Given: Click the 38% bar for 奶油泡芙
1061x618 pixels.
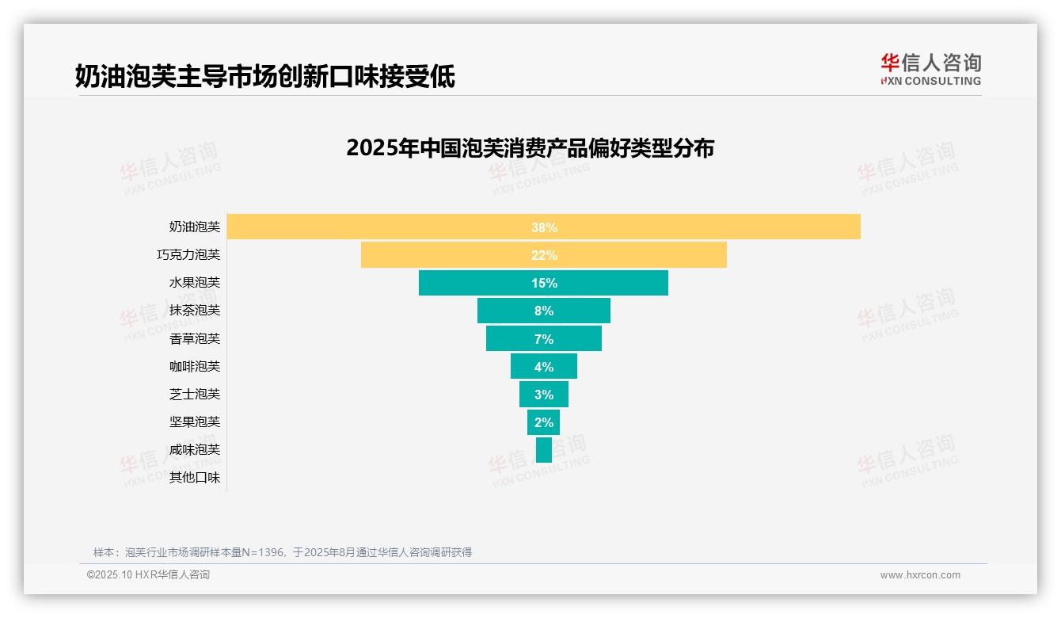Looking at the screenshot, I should [543, 227].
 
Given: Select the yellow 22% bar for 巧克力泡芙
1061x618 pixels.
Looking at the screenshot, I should [543, 255].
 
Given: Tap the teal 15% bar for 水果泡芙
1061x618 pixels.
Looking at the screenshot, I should [543, 283].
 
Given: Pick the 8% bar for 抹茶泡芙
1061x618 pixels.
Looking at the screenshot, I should [543, 311].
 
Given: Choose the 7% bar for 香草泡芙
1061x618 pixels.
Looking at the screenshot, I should [543, 338].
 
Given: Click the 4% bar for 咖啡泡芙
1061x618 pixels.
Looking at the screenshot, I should [543, 366].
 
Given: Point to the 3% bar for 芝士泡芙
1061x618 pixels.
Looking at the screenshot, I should [543, 394].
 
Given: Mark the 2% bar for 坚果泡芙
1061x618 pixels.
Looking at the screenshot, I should [543, 422].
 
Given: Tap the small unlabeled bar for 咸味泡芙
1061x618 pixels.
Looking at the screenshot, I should [543, 449].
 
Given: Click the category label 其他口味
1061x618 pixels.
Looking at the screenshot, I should [195, 478].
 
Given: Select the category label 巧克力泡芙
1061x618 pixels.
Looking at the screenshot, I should [188, 255].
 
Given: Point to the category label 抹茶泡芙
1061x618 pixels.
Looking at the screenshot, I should [195, 311].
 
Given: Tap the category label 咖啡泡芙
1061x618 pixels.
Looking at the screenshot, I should [195, 366].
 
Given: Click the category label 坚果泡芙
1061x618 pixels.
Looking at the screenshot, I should [195, 422].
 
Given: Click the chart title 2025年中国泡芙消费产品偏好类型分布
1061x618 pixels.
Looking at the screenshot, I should [530, 148].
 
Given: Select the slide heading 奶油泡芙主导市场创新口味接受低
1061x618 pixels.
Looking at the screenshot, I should [264, 76].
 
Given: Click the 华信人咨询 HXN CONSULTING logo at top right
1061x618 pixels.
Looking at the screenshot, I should [930, 70].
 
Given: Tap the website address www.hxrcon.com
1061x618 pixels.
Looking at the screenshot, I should [920, 575].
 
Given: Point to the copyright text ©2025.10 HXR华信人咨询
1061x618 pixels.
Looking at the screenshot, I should [148, 575].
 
